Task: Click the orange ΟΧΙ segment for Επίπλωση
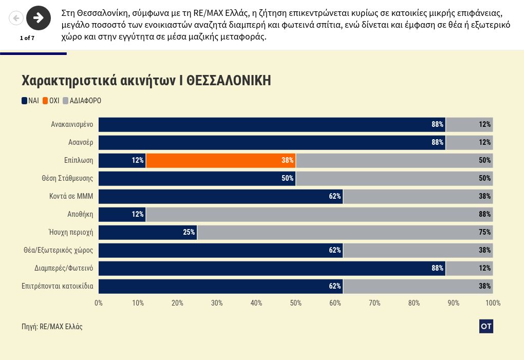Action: [221, 160]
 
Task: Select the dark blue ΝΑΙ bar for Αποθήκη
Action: [122, 214]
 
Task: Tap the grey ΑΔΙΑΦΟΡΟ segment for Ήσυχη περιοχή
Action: [345, 232]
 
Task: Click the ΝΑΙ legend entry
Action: [30, 101]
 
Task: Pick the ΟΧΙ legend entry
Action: [51, 101]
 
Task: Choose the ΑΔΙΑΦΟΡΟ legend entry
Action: [82, 101]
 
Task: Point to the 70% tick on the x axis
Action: [375, 303]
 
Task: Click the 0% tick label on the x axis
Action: [99, 303]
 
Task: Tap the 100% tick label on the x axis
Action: [493, 303]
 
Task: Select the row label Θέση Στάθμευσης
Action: [67, 178]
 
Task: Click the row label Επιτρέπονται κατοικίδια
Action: [57, 286]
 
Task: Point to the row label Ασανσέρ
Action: [81, 142]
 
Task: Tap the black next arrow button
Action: [39, 18]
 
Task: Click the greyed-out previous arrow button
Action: [16, 18]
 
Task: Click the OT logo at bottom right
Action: [486, 326]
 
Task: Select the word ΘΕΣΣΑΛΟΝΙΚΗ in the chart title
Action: [229, 81]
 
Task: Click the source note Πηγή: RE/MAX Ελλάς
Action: [52, 327]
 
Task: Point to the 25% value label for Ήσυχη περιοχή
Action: [189, 232]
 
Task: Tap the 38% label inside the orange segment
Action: [287, 160]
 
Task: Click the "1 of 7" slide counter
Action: [27, 38]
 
